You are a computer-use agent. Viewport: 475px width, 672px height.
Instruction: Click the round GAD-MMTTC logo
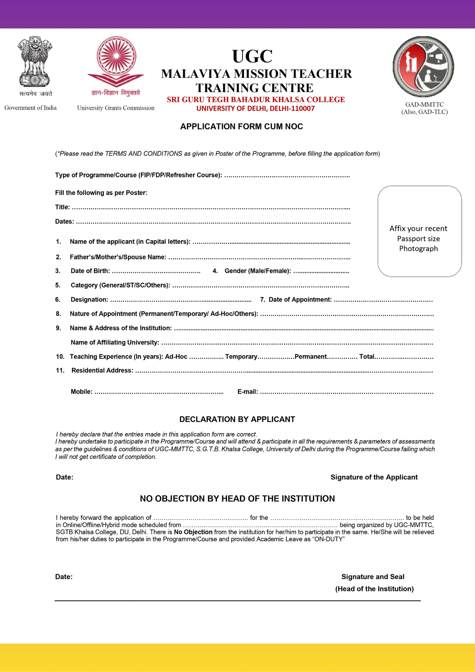tap(423, 66)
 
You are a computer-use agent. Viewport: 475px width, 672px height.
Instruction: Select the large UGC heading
tap(252, 56)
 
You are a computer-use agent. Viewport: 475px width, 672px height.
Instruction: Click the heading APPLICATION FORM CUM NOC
tap(241, 127)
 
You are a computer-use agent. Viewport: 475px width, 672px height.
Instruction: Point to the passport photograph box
tap(419, 231)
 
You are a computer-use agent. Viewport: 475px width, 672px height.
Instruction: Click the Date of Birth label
tap(90, 271)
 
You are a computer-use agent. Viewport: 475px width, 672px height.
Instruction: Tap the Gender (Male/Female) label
tap(257, 271)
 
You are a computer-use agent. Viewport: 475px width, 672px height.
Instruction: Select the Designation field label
tap(89, 300)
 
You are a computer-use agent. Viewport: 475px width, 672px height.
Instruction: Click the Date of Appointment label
tap(300, 300)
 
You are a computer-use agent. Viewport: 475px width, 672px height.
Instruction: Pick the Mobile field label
tap(81, 392)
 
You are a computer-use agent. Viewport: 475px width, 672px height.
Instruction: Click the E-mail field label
tap(248, 392)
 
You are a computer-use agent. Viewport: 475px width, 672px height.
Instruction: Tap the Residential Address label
tap(102, 371)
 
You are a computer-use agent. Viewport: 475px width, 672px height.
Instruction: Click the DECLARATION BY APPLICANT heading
tap(237, 419)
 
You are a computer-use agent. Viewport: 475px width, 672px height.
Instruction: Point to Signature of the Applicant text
tap(374, 477)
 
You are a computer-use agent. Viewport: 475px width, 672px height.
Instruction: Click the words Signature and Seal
tap(373, 577)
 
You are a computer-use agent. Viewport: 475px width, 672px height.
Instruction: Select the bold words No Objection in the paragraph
tap(193, 532)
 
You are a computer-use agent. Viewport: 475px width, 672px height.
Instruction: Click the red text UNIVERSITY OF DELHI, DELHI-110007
tap(255, 109)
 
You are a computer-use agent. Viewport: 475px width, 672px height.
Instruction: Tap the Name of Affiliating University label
tap(115, 342)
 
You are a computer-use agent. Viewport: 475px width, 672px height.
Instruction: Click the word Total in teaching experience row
tap(367, 357)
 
